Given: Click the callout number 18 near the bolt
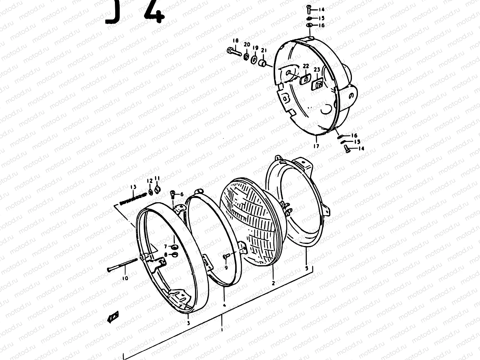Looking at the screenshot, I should tap(235, 41).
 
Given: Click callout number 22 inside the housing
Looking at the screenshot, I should tap(305, 66).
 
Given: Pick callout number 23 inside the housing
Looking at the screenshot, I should tap(317, 70).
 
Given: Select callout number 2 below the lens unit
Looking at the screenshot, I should tap(273, 283).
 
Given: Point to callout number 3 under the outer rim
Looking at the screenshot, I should tap(188, 323).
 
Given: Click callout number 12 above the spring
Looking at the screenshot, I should tap(149, 181).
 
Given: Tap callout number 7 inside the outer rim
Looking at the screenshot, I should tap(165, 247).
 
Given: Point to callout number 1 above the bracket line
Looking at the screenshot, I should tap(221, 329).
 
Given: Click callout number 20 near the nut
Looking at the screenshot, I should tap(247, 44).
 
